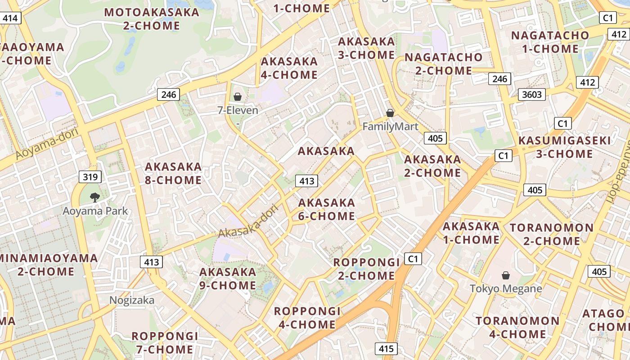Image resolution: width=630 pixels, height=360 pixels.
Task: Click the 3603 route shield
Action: point(532,94)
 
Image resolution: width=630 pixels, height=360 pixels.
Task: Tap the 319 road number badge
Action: point(90,177)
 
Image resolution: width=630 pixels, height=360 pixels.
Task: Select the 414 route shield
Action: point(10,18)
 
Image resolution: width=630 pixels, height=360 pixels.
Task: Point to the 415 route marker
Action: point(386,348)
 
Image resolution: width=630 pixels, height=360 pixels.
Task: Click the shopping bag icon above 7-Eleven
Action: point(238,97)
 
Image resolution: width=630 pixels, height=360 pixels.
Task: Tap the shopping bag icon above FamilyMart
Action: point(390,113)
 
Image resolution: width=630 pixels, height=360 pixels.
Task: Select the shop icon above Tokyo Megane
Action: point(506,275)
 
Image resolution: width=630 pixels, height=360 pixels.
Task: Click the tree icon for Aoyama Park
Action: point(94,197)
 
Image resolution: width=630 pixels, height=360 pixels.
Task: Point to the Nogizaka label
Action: point(132,300)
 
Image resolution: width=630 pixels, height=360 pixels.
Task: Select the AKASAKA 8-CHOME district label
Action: point(173,173)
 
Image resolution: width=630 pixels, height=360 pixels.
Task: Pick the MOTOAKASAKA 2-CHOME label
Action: point(152,18)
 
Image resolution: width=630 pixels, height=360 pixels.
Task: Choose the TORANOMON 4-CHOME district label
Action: point(517,327)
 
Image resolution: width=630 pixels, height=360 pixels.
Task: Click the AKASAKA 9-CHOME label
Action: point(228,279)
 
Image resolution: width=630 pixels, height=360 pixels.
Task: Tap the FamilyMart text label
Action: point(390,126)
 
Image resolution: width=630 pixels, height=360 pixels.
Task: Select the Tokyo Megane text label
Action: point(506,288)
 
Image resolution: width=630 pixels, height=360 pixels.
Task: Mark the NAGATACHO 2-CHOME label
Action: point(443,64)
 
